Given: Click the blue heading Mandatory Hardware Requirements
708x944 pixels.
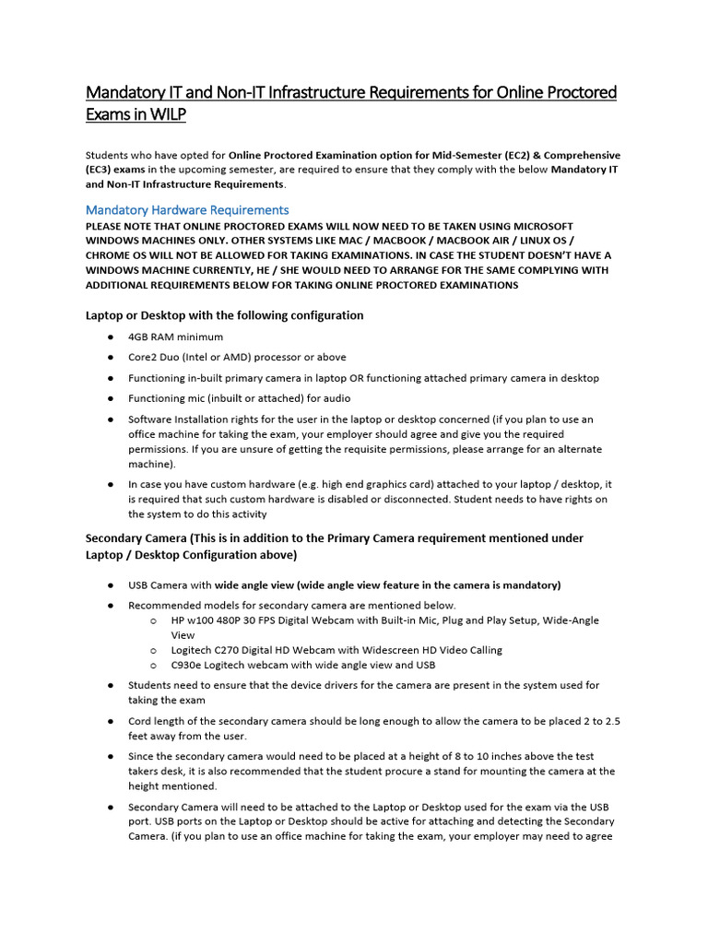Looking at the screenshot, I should tap(187, 210).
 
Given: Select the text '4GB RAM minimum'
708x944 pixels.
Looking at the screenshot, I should tap(175, 336).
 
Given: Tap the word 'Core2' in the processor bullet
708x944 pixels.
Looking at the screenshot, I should tap(143, 358).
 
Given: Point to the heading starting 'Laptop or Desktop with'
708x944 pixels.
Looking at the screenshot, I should tap(224, 315).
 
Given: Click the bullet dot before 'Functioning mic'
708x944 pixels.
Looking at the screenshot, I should tap(110, 399).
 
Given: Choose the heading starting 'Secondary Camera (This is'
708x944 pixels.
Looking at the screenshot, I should tap(334, 537).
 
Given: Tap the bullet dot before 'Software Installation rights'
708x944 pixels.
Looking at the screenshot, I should tap(110, 419).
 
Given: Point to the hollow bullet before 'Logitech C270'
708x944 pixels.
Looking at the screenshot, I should tap(152, 650).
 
